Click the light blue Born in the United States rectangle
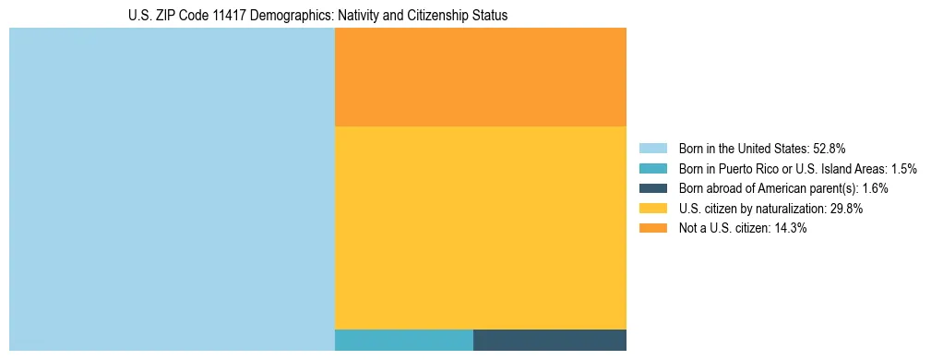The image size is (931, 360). (x=172, y=189)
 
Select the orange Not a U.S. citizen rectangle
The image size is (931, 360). (x=480, y=77)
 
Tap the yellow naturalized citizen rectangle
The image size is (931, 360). (x=480, y=227)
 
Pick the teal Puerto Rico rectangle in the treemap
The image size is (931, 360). (x=403, y=340)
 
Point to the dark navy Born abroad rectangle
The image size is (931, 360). (x=549, y=340)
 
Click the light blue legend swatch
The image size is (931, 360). (x=652, y=148)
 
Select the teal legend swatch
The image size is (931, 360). (x=652, y=168)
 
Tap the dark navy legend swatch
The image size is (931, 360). (x=652, y=188)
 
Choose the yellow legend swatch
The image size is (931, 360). (x=652, y=209)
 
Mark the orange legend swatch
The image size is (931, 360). (x=652, y=229)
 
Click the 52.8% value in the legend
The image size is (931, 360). (x=829, y=148)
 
